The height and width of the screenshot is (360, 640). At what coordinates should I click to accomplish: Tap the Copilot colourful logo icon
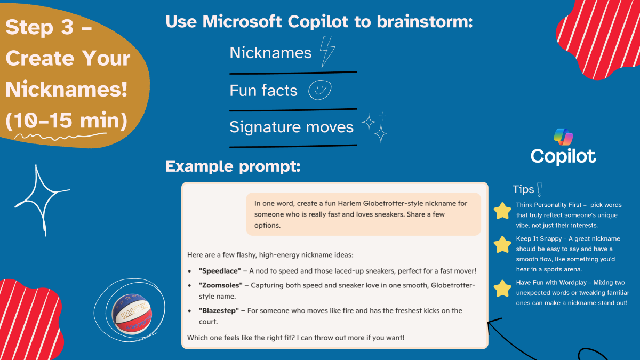click(563, 137)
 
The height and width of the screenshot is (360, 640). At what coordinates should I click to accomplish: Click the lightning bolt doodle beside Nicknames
click(327, 52)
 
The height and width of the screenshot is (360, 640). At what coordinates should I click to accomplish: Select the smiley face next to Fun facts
click(320, 90)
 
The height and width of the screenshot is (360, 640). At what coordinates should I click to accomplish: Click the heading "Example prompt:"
click(233, 166)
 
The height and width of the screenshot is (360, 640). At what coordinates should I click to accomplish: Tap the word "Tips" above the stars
click(523, 189)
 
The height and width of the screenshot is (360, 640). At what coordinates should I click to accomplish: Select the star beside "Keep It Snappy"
click(502, 245)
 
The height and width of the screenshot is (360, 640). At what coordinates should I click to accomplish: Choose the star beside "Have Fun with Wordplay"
click(502, 289)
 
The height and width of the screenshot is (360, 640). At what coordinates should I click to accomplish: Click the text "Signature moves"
click(291, 127)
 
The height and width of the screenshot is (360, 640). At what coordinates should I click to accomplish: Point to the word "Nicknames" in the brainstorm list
click(270, 52)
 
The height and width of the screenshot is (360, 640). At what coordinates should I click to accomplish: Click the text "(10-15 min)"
click(67, 121)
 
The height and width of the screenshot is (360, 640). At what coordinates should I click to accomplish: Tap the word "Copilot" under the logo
click(563, 156)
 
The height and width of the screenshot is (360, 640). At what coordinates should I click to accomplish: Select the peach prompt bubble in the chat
click(363, 214)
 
